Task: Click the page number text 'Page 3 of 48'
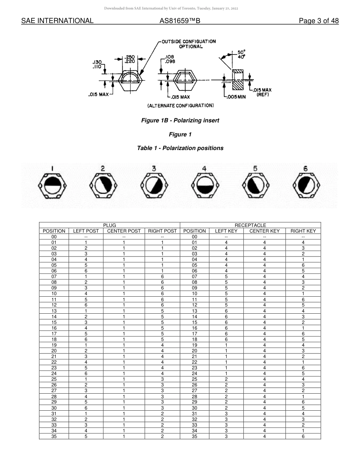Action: tap(319, 21)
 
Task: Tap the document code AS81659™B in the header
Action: tap(180, 21)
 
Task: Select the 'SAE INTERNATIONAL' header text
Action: tap(57, 21)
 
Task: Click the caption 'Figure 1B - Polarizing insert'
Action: tap(180, 120)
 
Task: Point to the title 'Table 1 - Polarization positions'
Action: tap(180, 148)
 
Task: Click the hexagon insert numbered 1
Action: tap(53, 186)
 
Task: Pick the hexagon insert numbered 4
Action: tap(204, 186)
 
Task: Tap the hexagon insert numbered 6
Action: tap(305, 186)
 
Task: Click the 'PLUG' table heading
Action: tap(110, 225)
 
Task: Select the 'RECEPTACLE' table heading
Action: tap(250, 225)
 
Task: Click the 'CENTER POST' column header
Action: tap(124, 231)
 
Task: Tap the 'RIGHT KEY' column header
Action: tap(303, 231)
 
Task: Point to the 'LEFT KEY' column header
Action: tap(226, 231)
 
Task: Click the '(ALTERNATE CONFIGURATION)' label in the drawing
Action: tap(180, 105)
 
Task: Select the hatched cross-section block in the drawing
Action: tap(238, 80)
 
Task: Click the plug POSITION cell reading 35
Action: tap(54, 436)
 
